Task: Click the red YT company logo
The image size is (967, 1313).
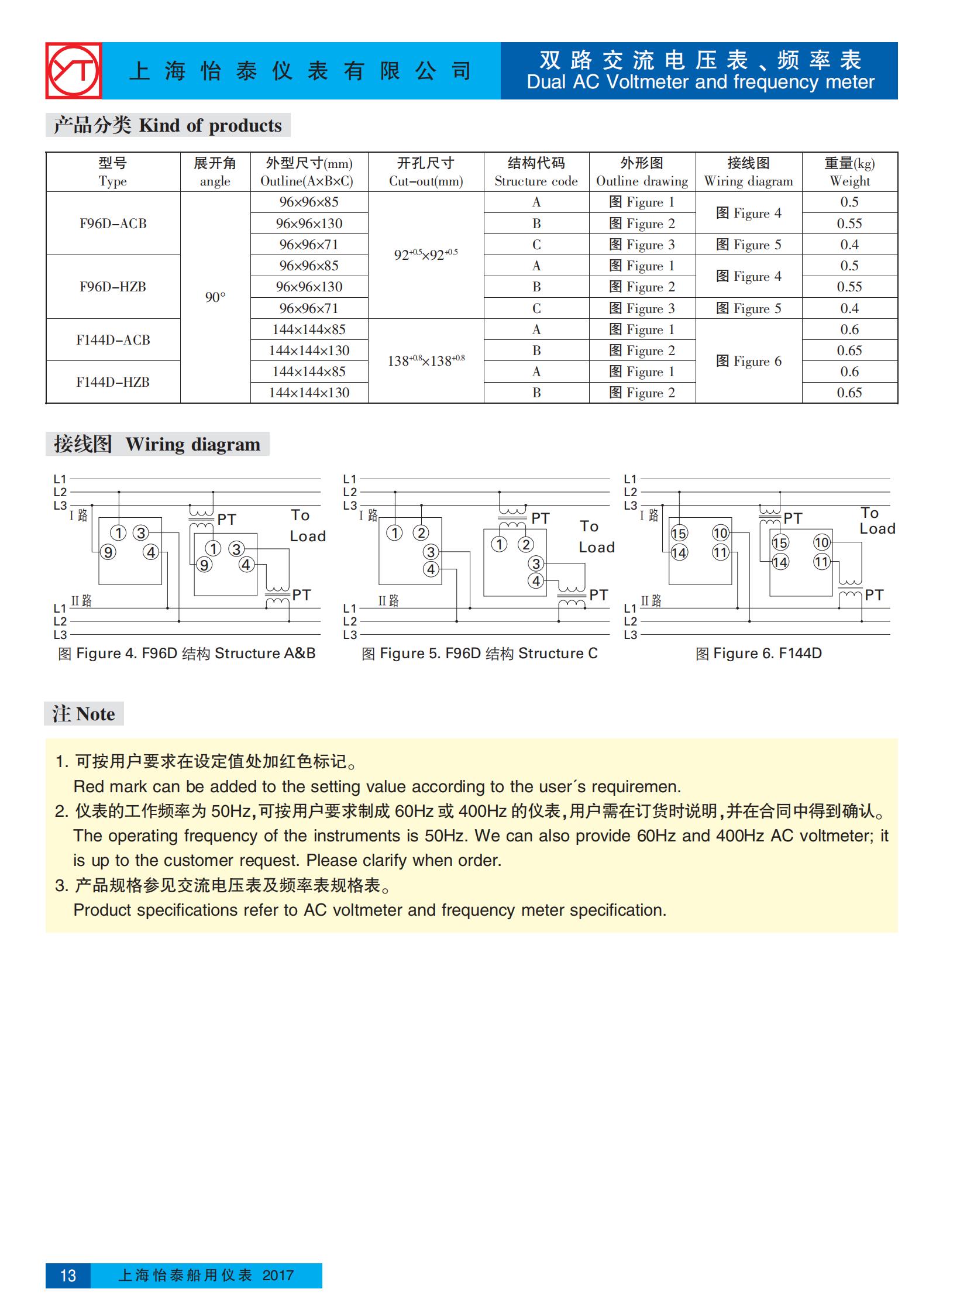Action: pyautogui.click(x=74, y=71)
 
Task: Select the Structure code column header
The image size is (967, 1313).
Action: pyautogui.click(x=536, y=172)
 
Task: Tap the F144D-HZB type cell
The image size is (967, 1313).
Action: pyautogui.click(x=113, y=381)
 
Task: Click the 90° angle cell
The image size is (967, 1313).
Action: pyautogui.click(x=215, y=297)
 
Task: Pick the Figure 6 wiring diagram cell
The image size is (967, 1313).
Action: pyautogui.click(x=748, y=361)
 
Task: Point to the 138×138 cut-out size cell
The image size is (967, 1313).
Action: pyautogui.click(x=425, y=360)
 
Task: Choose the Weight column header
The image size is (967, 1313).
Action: pyautogui.click(x=849, y=172)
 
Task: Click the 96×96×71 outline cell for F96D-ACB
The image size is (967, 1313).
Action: pyautogui.click(x=308, y=245)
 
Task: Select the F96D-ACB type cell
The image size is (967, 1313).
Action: pyautogui.click(x=113, y=224)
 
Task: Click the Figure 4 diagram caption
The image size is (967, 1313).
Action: pyautogui.click(x=186, y=653)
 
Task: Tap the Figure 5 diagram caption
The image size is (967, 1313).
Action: pyautogui.click(x=479, y=653)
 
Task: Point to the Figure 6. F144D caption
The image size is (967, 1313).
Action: pyautogui.click(x=758, y=653)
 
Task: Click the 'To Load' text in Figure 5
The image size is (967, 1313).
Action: pyautogui.click(x=596, y=537)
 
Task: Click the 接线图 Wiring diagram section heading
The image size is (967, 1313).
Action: pyautogui.click(x=157, y=444)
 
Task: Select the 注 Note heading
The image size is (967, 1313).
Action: pyautogui.click(x=84, y=714)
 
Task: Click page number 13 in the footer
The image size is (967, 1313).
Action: pyautogui.click(x=68, y=1276)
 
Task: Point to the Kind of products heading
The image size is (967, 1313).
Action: pyautogui.click(x=167, y=125)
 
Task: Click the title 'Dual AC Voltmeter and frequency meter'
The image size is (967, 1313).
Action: pyautogui.click(x=700, y=82)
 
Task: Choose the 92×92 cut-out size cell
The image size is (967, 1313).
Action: pyautogui.click(x=425, y=255)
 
